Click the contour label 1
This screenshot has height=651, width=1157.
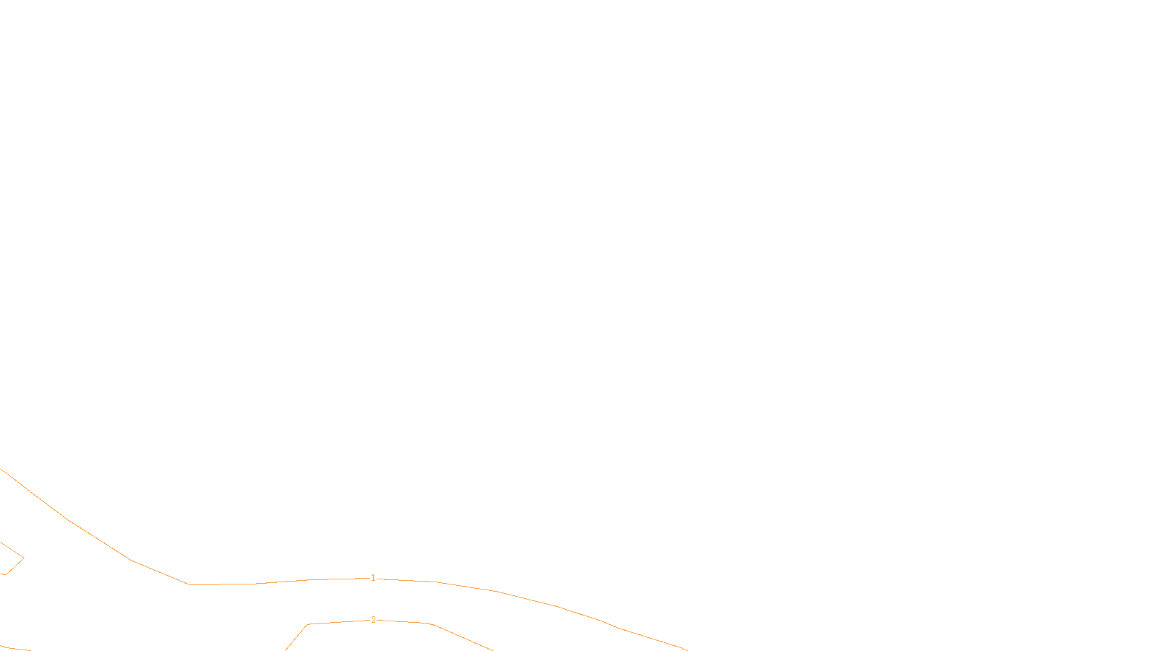[373, 578]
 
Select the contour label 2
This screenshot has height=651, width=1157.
[373, 620]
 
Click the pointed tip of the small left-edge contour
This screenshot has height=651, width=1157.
[24, 558]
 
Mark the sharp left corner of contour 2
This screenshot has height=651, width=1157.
[307, 624]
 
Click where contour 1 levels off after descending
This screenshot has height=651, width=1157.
[189, 584]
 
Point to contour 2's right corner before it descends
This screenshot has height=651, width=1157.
[430, 623]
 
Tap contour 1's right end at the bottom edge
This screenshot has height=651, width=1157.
[685, 650]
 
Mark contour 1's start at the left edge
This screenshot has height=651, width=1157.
[1, 469]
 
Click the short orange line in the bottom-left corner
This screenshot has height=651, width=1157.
[14, 648]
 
